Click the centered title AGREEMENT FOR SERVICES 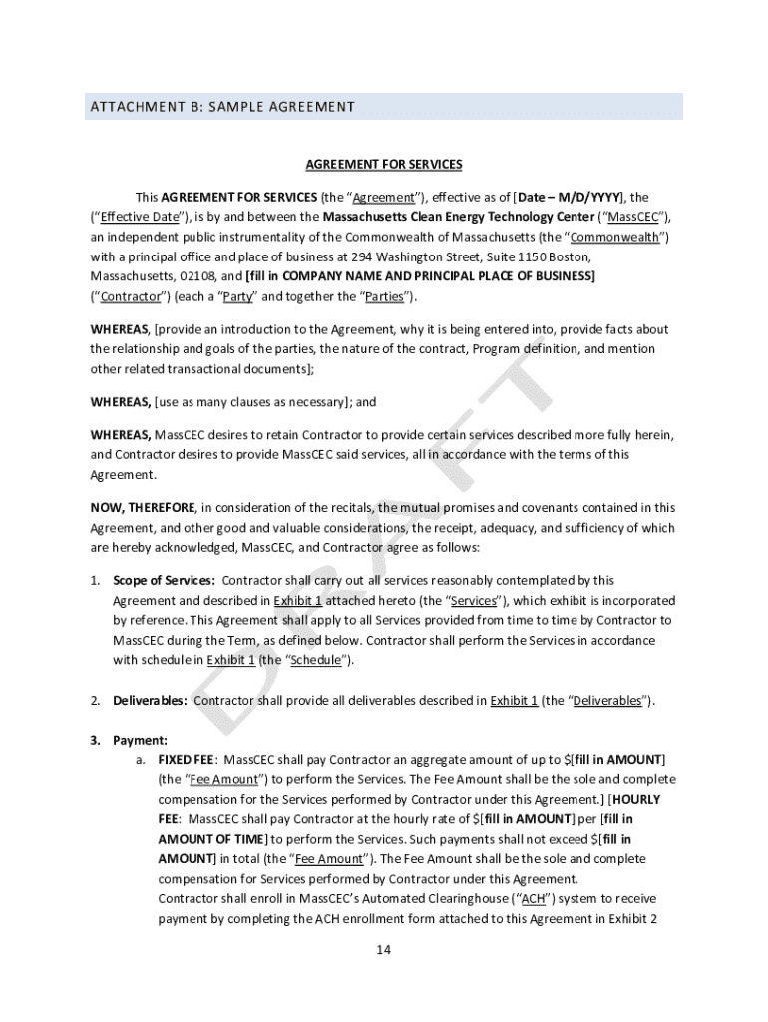click(x=383, y=164)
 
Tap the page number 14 click(x=383, y=949)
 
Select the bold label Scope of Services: click(x=164, y=580)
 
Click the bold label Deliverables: click(x=150, y=700)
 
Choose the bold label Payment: click(x=140, y=740)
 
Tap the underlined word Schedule click(x=315, y=660)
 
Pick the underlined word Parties click(x=384, y=296)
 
